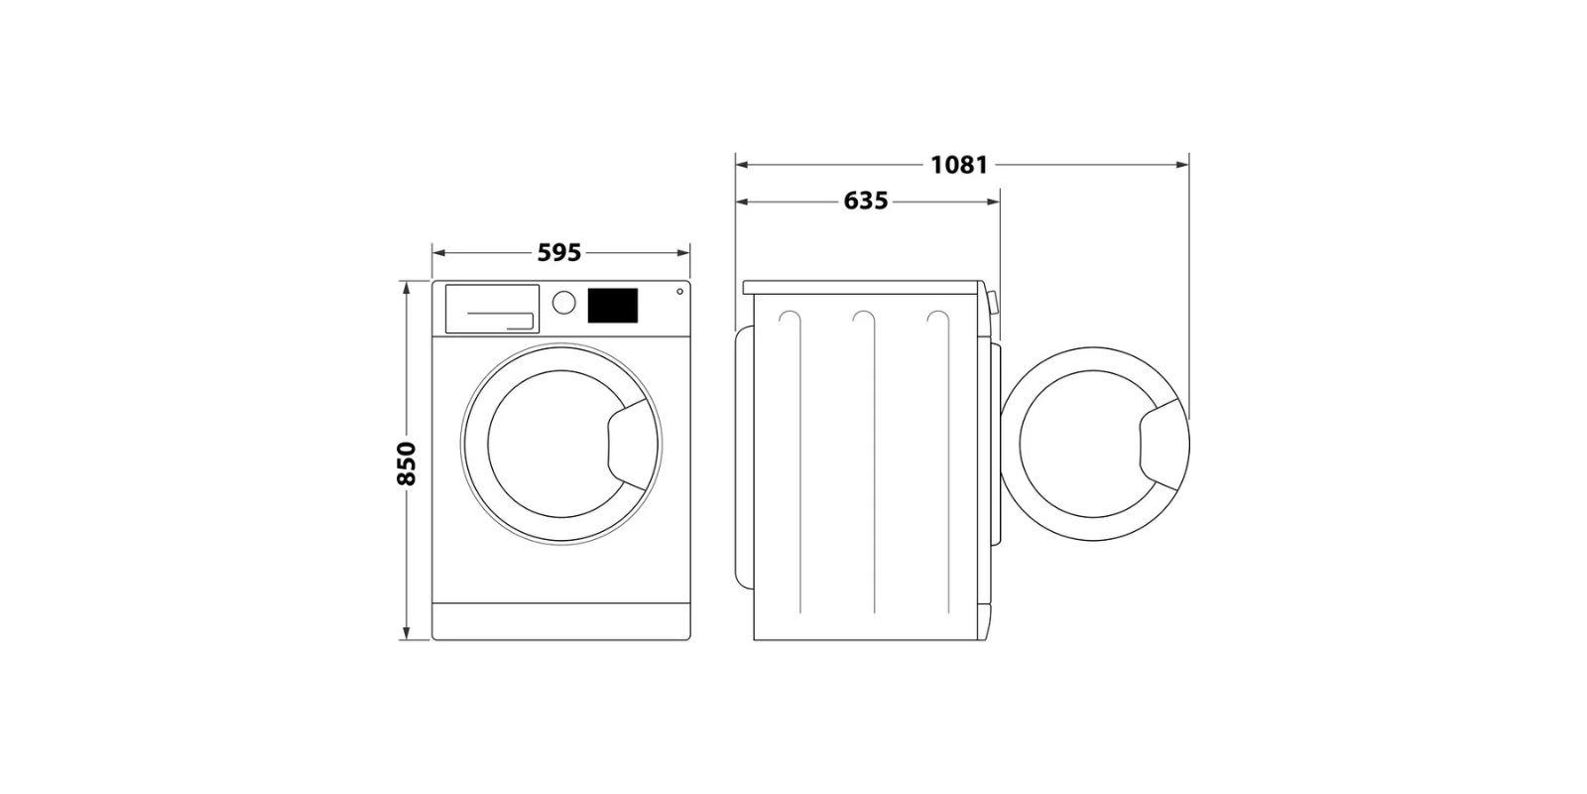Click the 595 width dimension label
559,252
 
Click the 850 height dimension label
406,463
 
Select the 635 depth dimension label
866,201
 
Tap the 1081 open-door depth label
958,165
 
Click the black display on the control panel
613,306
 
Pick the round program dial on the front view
564,302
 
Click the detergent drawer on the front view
492,309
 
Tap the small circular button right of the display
679,292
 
